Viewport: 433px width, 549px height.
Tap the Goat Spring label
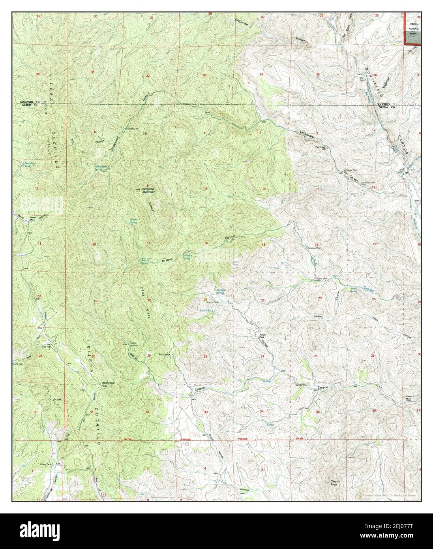click(144, 261)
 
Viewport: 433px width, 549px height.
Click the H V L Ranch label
click(161, 354)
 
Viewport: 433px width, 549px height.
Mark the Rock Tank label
click(206, 311)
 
